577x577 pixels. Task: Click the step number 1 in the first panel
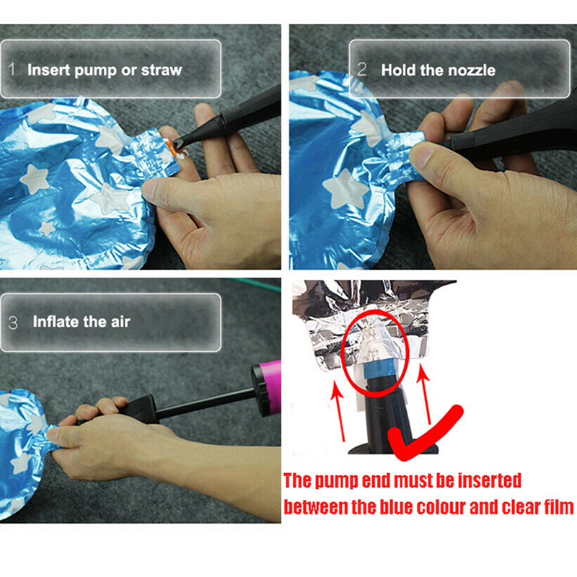click(12, 69)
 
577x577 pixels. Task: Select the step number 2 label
click(362, 69)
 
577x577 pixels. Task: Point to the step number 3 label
click(13, 322)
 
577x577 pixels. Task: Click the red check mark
click(423, 433)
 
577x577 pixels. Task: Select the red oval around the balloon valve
click(342, 353)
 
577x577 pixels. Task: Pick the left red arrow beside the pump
click(339, 410)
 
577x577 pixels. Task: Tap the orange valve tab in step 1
click(170, 146)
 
